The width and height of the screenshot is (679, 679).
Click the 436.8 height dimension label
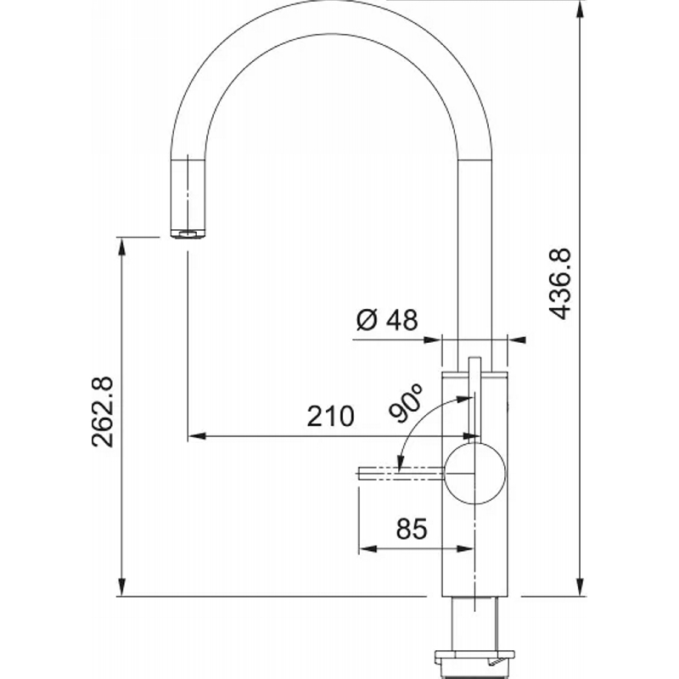tap(560, 283)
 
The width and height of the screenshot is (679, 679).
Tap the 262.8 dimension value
tap(103, 412)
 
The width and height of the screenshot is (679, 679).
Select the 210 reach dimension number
tap(330, 417)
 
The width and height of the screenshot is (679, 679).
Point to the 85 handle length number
tap(412, 528)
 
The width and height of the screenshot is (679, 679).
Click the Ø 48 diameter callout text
tap(387, 320)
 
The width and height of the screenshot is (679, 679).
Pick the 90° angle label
tap(406, 402)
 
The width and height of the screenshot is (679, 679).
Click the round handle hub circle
tap(475, 474)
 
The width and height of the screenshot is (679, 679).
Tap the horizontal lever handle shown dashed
tap(401, 474)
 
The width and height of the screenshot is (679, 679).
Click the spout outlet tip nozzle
tap(188, 234)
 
